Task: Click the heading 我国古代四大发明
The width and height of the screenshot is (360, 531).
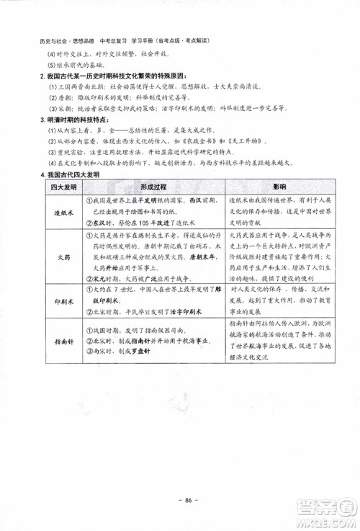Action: pyautogui.click(x=71, y=174)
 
